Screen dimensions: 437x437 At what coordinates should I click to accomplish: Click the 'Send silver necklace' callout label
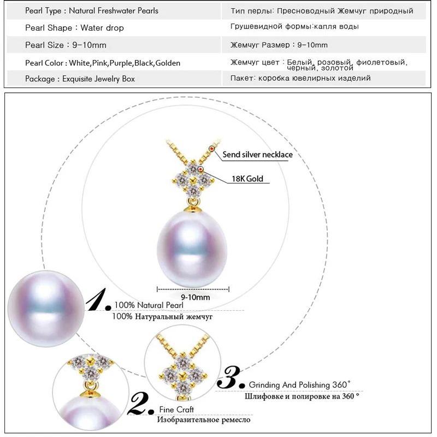click(257, 155)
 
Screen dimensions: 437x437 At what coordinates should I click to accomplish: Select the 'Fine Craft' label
click(176, 409)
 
